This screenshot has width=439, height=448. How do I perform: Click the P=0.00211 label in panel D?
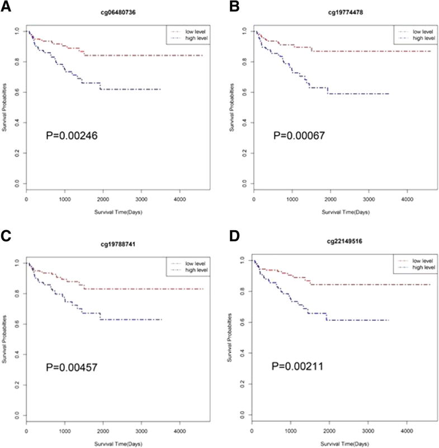pos(298,366)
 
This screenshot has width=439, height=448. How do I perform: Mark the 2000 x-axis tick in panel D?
pos(329,431)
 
